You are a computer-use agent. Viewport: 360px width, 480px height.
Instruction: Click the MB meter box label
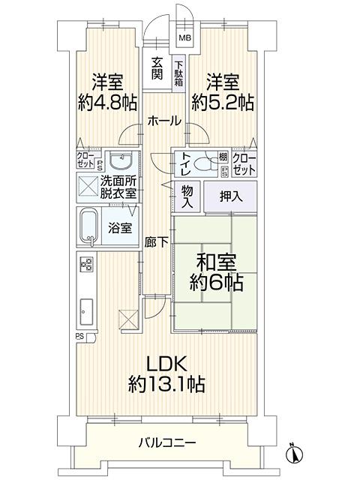185,38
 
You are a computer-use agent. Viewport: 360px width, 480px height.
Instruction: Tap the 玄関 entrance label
157,69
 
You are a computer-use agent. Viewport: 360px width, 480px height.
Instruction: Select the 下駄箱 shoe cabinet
178,73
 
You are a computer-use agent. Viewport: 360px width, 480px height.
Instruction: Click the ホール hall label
164,121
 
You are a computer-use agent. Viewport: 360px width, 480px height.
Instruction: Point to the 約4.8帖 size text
107,103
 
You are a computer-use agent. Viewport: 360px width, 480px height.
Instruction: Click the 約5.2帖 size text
223,103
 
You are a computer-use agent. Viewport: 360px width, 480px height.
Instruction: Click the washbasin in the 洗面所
121,160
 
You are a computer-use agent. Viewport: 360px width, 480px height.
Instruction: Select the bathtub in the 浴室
88,226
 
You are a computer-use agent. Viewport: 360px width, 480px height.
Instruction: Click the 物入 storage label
187,196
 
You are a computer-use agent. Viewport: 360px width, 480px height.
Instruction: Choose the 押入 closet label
231,196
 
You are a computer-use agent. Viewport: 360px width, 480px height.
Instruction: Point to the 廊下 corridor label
156,243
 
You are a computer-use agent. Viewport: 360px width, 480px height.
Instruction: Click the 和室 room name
216,262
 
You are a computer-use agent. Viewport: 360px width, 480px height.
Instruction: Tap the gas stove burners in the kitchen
87,264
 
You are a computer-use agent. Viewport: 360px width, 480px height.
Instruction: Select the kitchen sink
86,311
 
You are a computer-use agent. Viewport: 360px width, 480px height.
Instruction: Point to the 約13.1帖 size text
166,384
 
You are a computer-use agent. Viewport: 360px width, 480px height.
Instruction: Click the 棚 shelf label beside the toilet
223,157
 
